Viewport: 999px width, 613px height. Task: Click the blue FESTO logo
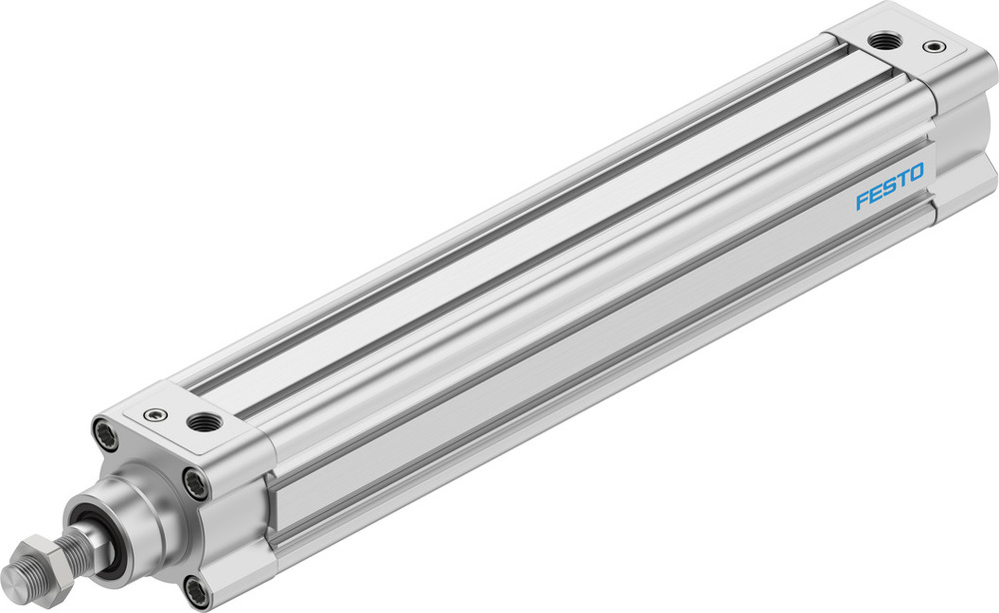[x=889, y=187]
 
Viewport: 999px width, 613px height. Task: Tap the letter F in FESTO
[x=861, y=201]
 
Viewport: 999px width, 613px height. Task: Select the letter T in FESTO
[x=903, y=179]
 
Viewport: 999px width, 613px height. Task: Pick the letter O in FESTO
[x=917, y=172]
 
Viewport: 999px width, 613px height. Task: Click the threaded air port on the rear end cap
[x=881, y=40]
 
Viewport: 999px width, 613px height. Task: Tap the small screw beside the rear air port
[x=932, y=46]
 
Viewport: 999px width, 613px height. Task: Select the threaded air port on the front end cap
[x=205, y=422]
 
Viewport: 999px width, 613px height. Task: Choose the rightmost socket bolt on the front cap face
[x=196, y=484]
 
